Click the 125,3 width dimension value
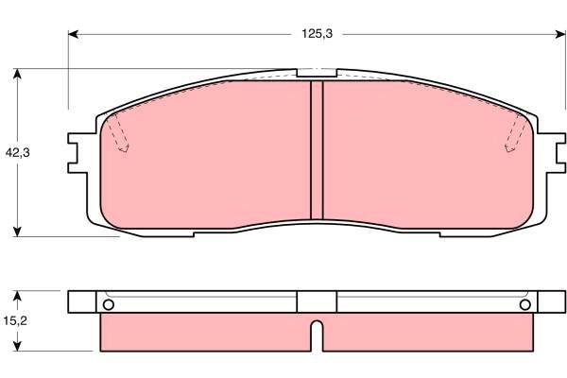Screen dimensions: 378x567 click(317, 33)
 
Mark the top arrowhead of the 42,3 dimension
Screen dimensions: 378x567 click(18, 73)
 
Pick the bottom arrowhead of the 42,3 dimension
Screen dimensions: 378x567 click(18, 232)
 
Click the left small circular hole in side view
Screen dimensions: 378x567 click(108, 304)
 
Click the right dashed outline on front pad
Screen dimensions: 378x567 click(514, 132)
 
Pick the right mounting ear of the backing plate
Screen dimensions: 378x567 click(555, 152)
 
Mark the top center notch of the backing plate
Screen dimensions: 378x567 click(318, 72)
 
